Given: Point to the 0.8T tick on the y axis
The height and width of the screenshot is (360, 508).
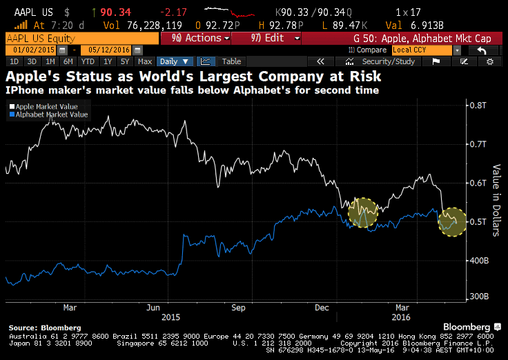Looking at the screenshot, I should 478,106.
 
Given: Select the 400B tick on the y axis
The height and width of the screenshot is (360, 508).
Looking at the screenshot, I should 478,261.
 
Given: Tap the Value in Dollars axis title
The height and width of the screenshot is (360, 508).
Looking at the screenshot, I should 496,200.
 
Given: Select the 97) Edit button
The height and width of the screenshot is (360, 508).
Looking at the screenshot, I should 260,38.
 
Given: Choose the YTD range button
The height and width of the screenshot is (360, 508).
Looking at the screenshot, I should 87,61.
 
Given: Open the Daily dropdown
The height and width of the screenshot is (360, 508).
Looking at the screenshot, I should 175,61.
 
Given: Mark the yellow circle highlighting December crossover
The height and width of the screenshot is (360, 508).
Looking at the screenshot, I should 363,212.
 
